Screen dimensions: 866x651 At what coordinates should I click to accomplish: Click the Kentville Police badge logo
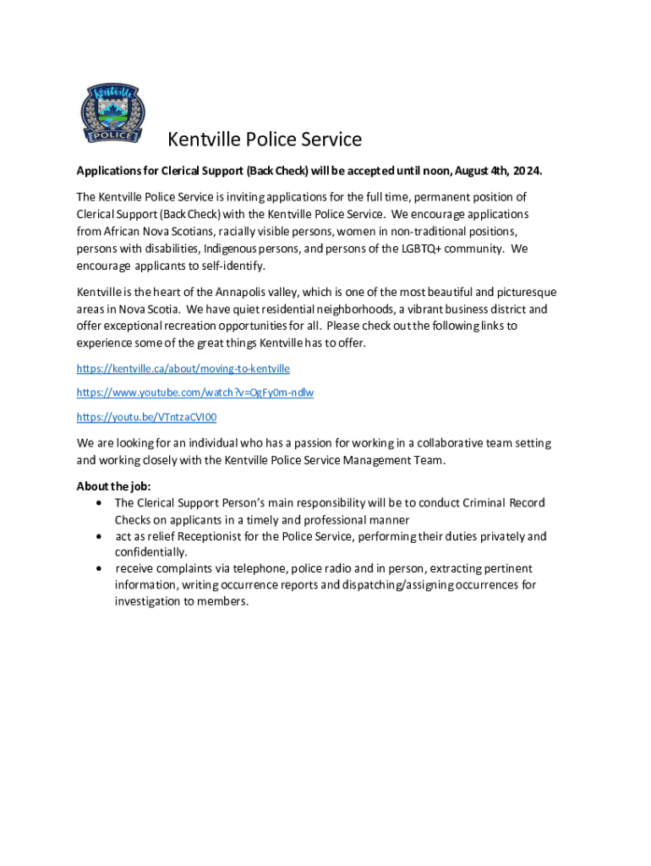112,112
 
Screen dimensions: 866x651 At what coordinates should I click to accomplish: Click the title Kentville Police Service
265,140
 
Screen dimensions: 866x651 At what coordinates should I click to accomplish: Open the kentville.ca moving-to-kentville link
183,369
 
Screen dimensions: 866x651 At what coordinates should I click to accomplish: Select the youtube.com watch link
195,392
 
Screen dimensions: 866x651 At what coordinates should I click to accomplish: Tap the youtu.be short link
147,417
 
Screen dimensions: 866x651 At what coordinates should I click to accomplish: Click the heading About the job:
108,486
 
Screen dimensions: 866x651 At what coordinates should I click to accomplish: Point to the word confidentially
150,552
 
